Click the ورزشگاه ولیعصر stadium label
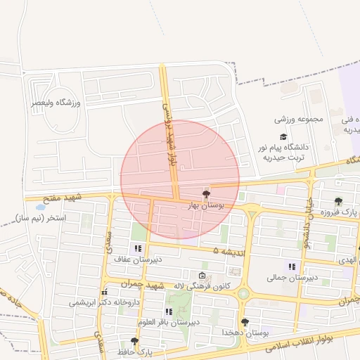[x=56, y=103]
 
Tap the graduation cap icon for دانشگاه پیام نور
[x=283, y=137]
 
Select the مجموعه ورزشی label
[x=300, y=119]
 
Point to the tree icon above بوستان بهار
[x=206, y=194]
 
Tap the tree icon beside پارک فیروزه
[x=339, y=201]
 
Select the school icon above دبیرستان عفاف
[x=138, y=248]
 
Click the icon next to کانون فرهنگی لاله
[x=202, y=276]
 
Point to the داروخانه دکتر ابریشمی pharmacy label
[x=104, y=302]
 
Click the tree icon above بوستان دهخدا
[x=245, y=322]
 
